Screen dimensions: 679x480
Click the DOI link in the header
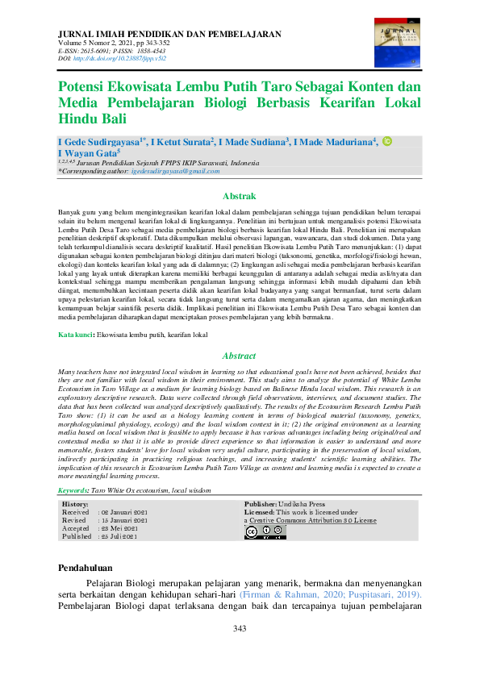[x=119, y=60]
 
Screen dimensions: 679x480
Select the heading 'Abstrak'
[x=239, y=196]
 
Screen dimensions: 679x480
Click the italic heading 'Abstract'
[x=239, y=356]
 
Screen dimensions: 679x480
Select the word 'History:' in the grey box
[x=76, y=504]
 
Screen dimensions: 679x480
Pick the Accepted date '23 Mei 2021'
[x=121, y=528]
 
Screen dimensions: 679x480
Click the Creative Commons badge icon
[x=261, y=532]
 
